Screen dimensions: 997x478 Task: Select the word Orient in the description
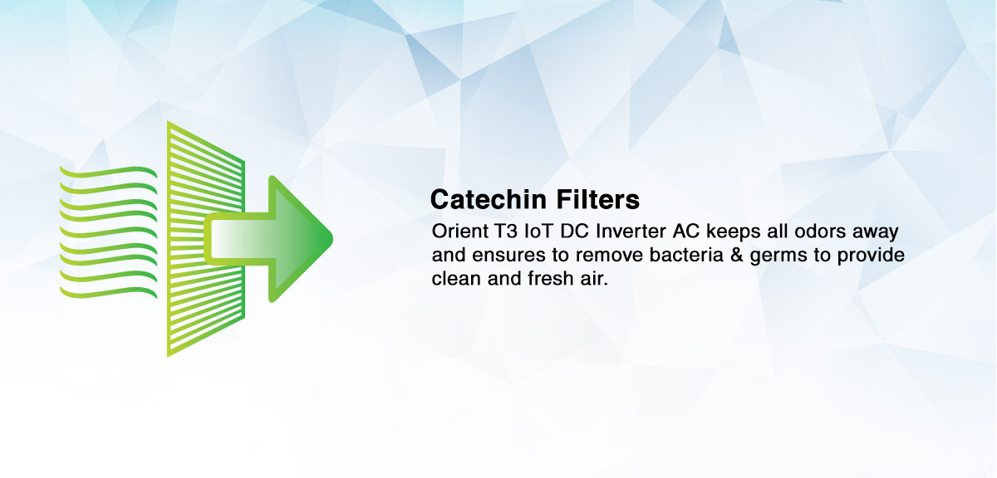[460, 232]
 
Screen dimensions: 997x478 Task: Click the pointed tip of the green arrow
[332, 239]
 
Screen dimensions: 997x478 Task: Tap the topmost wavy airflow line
[108, 172]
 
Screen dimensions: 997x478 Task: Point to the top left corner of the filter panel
[168, 121]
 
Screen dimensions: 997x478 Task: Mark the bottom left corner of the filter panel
[168, 357]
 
